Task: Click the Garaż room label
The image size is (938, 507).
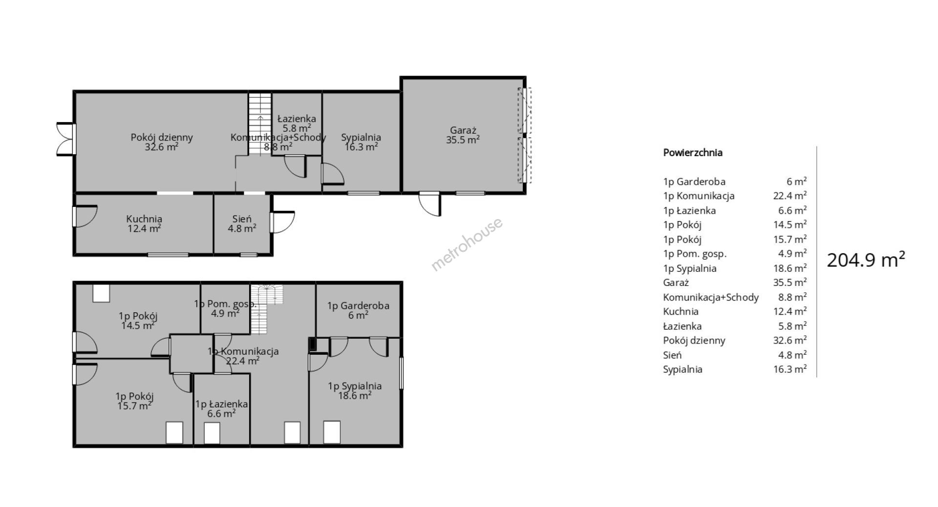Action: (x=463, y=135)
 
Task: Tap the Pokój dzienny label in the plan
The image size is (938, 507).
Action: (x=162, y=142)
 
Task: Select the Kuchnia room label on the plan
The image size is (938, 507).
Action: (x=144, y=223)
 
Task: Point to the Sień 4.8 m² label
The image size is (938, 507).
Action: (x=242, y=223)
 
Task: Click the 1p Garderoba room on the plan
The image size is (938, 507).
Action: (x=358, y=310)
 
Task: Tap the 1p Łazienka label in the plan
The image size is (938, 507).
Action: (x=221, y=409)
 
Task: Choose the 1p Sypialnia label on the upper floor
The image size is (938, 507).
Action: (x=355, y=391)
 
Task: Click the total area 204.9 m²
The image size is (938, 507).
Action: (x=866, y=260)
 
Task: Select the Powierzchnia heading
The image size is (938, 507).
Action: (x=693, y=153)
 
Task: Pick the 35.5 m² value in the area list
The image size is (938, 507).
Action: (x=787, y=283)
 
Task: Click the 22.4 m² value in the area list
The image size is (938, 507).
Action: (x=787, y=196)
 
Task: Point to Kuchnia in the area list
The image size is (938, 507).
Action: (x=681, y=311)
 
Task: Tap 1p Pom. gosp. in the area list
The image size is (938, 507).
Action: (x=695, y=254)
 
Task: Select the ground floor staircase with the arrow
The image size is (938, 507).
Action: (x=260, y=123)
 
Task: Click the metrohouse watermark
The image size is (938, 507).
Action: (x=467, y=244)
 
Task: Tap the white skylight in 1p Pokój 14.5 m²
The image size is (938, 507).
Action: (x=101, y=293)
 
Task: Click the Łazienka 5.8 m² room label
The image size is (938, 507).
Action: (x=297, y=123)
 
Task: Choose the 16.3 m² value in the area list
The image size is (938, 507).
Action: (x=787, y=369)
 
